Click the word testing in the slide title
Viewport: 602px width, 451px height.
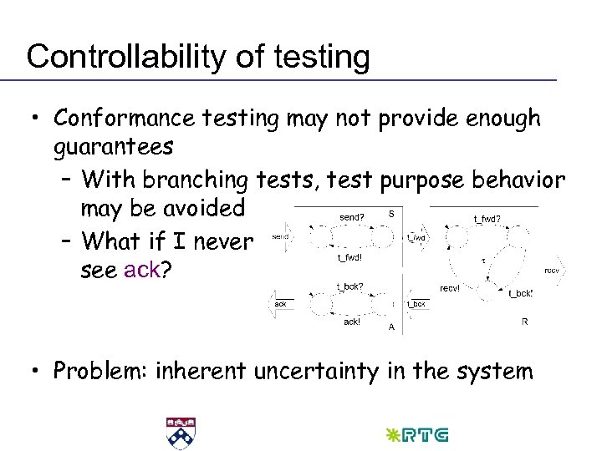tap(317, 57)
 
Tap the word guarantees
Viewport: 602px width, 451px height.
tap(114, 148)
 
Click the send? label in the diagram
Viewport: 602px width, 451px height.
tap(351, 217)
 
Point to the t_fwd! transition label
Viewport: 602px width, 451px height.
tap(349, 258)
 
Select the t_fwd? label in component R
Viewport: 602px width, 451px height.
tap(487, 219)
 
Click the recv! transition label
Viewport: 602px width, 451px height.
tap(452, 288)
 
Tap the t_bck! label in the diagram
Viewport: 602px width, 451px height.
tap(520, 293)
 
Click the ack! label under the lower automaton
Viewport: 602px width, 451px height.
tap(351, 321)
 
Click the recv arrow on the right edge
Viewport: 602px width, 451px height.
tap(553, 271)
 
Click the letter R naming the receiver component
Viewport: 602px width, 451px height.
tap(524, 320)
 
